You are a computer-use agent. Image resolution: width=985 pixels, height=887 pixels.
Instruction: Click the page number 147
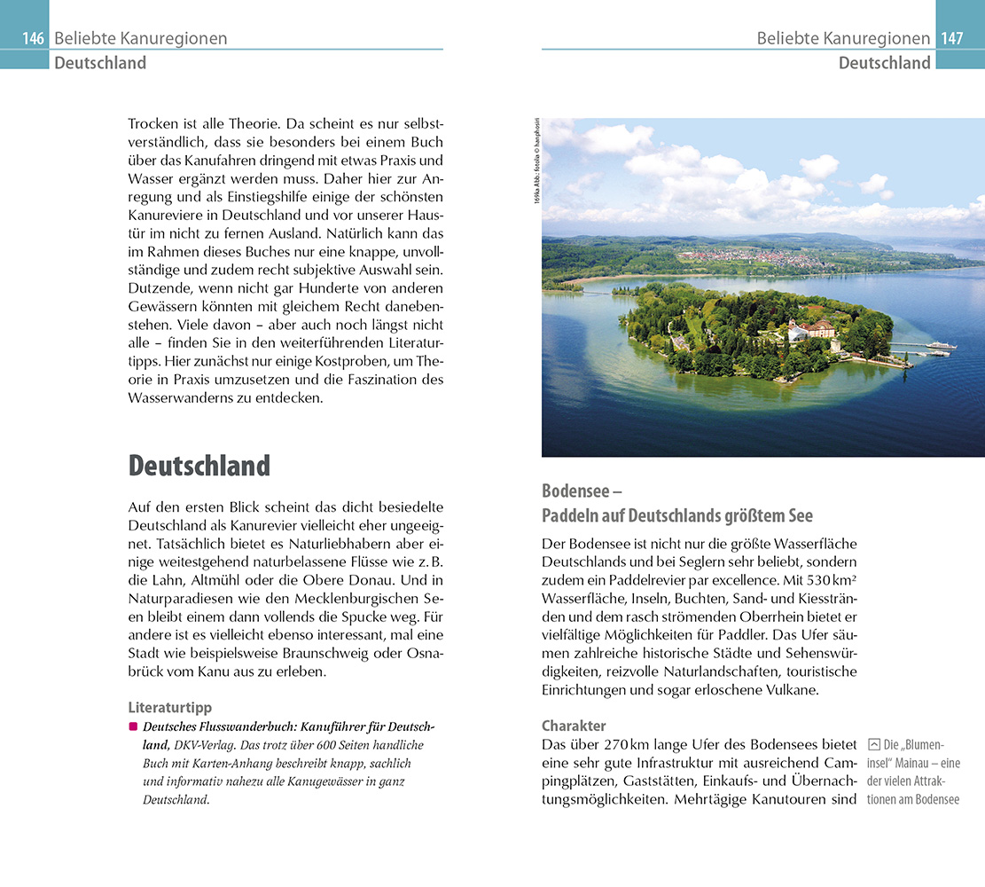coord(951,38)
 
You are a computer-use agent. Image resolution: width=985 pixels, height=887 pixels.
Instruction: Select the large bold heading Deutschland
coord(199,466)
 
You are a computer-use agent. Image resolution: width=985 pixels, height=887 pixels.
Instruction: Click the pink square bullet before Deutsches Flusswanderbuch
coord(133,726)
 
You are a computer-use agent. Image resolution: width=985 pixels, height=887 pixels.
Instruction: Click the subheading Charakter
coord(574,725)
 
